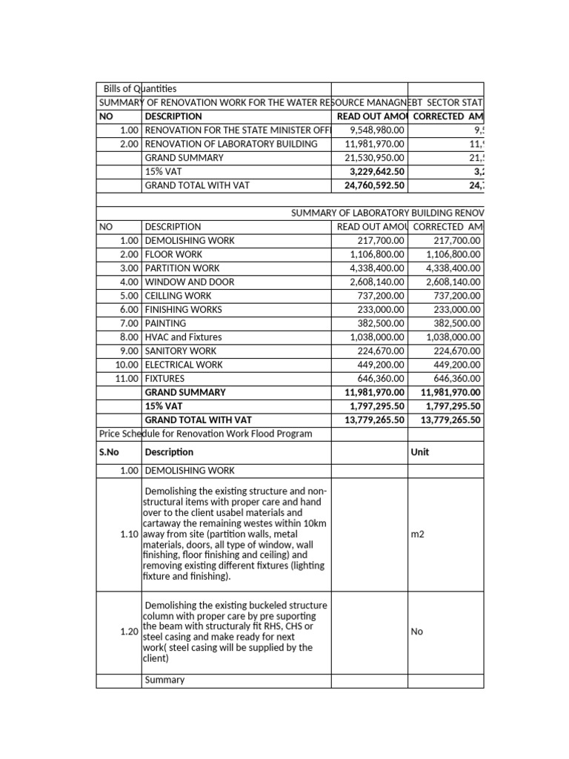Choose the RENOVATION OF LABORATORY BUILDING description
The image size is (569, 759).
(x=231, y=144)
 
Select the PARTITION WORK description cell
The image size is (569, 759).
(x=182, y=268)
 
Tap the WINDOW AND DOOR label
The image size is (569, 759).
(x=190, y=282)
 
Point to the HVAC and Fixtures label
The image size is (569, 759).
(x=183, y=337)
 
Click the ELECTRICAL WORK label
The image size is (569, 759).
(x=184, y=365)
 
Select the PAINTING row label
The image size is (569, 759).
(x=165, y=323)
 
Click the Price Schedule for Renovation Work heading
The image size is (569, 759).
(x=205, y=434)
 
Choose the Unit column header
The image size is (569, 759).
(x=419, y=451)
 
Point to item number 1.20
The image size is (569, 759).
(x=129, y=632)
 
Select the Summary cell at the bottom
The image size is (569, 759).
(x=164, y=680)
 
